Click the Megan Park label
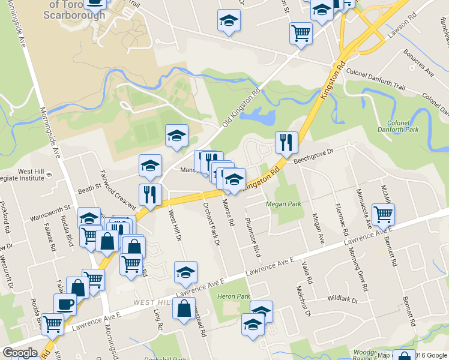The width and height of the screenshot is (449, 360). pos(283,203)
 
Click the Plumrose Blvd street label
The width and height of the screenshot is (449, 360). pos(254,238)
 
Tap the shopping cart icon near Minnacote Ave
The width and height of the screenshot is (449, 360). pos(383,213)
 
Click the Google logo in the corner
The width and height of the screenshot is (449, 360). pos(20,353)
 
